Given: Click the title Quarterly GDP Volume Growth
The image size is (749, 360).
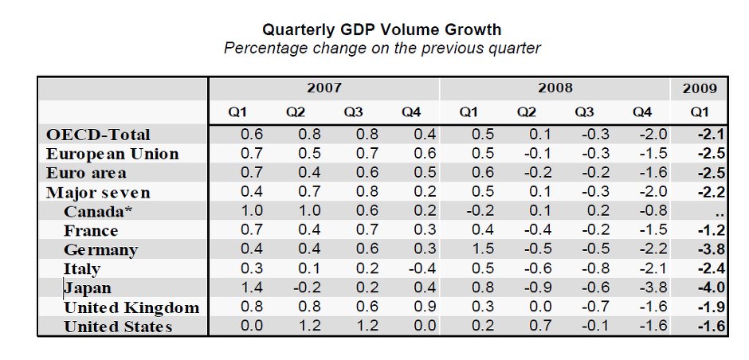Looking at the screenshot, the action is pyautogui.click(x=382, y=29).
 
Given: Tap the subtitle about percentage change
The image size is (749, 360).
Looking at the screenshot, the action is pyautogui.click(x=382, y=49).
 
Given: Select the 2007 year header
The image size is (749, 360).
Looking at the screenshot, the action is pyautogui.click(x=324, y=88).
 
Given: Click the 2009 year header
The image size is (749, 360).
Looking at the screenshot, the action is pyautogui.click(x=700, y=89).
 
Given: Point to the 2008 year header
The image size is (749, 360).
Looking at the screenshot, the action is pyautogui.click(x=555, y=88).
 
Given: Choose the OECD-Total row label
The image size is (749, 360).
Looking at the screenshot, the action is pyautogui.click(x=98, y=135).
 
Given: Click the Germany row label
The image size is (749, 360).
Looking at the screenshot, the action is pyautogui.click(x=100, y=250).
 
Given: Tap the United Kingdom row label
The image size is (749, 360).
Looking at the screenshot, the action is pyautogui.click(x=131, y=307).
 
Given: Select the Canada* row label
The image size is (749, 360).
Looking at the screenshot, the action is pyautogui.click(x=97, y=211).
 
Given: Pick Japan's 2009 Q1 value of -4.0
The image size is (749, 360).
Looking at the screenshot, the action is pyautogui.click(x=712, y=288).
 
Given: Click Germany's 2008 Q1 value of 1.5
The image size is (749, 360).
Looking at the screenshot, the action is pyautogui.click(x=483, y=248).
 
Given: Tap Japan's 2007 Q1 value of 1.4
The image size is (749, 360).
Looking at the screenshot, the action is pyautogui.click(x=252, y=288).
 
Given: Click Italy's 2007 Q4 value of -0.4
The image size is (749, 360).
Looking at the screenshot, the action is pyautogui.click(x=422, y=268).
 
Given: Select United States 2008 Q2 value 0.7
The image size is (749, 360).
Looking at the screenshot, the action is pyautogui.click(x=540, y=326).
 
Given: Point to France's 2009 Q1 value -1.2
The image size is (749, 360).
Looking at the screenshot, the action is pyautogui.click(x=712, y=229).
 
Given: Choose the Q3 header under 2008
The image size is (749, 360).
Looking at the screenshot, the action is pyautogui.click(x=584, y=112).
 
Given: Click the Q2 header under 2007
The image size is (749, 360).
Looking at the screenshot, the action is pyautogui.click(x=296, y=112).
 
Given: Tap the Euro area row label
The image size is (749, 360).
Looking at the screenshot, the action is pyautogui.click(x=87, y=173).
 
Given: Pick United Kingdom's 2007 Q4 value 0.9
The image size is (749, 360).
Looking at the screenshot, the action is pyautogui.click(x=425, y=307).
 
